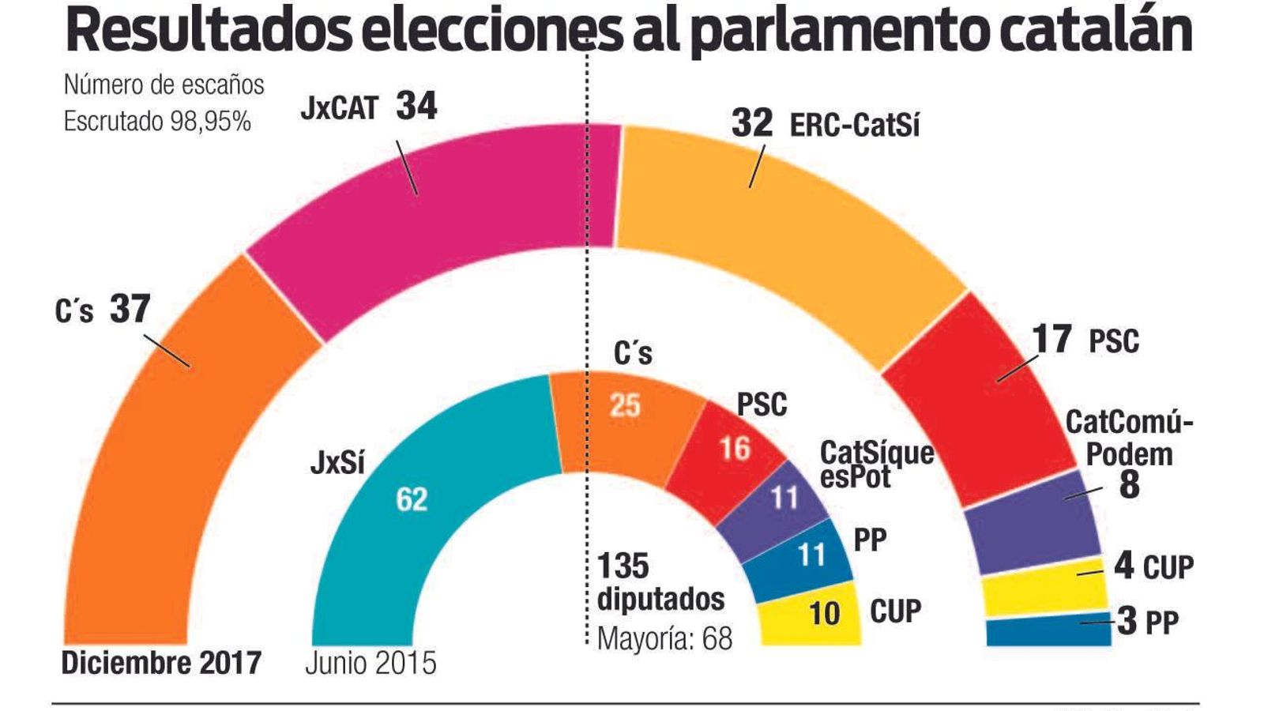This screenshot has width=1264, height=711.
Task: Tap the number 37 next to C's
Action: (130, 309)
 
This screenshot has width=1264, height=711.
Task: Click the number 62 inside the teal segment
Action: (412, 499)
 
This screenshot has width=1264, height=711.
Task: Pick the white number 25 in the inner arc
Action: (625, 406)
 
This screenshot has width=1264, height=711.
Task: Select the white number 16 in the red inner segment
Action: (735, 449)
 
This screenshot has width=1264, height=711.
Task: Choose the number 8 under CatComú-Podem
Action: (1130, 484)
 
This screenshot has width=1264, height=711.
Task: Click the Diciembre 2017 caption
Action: (161, 663)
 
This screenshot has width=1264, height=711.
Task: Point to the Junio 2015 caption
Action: (371, 663)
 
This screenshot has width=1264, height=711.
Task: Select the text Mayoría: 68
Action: (664, 638)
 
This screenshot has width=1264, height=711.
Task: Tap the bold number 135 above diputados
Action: (623, 566)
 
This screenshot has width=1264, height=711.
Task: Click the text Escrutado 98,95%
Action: (157, 122)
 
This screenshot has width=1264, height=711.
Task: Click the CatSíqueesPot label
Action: (875, 465)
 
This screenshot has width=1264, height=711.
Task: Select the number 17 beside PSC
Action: (1052, 340)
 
